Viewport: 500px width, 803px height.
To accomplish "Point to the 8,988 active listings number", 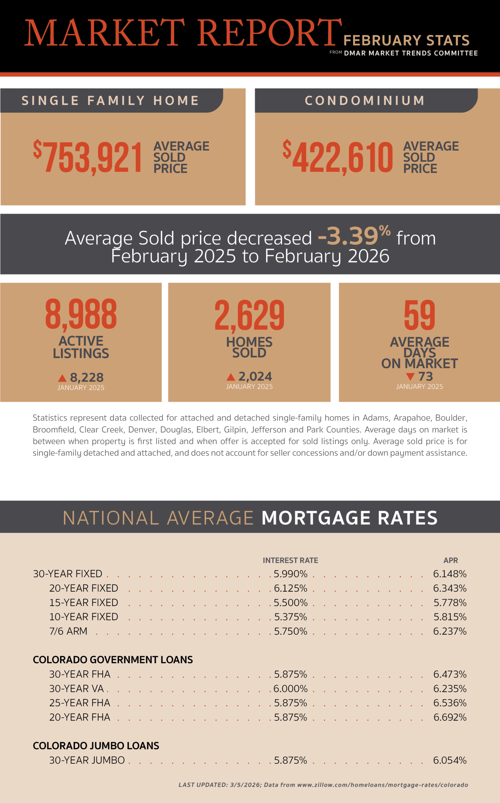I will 81,314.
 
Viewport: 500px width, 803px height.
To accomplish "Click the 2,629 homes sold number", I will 249,315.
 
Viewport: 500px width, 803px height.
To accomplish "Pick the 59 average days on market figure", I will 419,315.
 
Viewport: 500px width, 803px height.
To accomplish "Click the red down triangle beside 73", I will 410,376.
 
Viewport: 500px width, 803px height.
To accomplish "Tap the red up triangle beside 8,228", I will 62,378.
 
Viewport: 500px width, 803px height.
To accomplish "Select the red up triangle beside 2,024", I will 231,377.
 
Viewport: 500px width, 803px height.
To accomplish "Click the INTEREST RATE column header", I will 290,561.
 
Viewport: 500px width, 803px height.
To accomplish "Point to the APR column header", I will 451,561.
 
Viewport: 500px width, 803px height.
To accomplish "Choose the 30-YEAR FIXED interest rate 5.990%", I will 290,574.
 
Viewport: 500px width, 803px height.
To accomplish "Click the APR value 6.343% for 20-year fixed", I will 450,588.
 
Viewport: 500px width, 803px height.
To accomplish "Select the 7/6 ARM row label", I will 68,631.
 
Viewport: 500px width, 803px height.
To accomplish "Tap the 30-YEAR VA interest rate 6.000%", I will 290,689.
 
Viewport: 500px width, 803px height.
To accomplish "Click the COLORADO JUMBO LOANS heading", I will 96,746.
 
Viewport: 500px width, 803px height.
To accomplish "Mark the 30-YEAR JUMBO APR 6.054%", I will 450,760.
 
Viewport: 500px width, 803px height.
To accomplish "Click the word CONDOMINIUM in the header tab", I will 365,101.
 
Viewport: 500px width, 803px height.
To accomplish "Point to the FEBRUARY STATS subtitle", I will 406,40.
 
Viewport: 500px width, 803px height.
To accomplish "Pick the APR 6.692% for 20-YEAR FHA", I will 450,717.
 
